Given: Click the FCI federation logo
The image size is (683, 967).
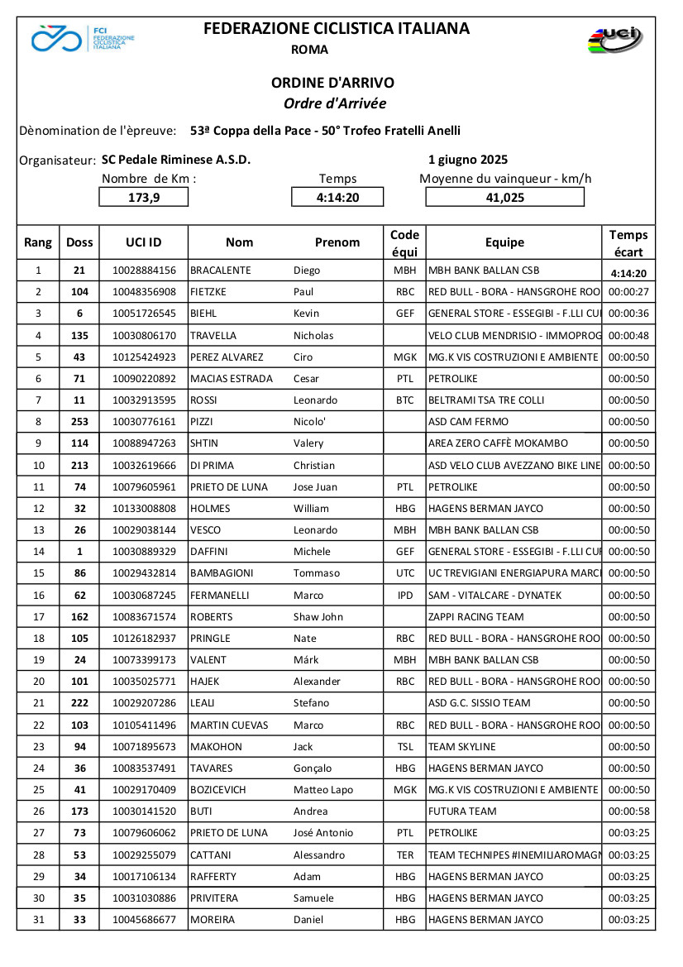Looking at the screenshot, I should pyautogui.click(x=83, y=38).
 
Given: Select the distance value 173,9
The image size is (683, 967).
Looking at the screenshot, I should pyautogui.click(x=144, y=198).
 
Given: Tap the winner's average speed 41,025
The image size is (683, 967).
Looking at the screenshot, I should pyautogui.click(x=505, y=198).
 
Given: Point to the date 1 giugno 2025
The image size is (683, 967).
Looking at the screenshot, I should pyautogui.click(x=468, y=160).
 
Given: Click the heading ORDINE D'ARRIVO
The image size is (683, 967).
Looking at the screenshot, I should pyautogui.click(x=333, y=83).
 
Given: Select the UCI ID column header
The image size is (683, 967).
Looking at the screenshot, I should pyautogui.click(x=144, y=242).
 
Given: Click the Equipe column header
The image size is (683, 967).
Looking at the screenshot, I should pyautogui.click(x=504, y=242).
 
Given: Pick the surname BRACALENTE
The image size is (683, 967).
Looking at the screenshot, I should pyautogui.click(x=220, y=270).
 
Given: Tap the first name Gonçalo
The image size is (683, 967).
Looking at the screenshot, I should pyautogui.click(x=313, y=768).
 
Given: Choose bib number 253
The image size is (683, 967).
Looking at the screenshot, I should pyautogui.click(x=79, y=422).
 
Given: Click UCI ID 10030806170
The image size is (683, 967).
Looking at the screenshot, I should pyautogui.click(x=144, y=336).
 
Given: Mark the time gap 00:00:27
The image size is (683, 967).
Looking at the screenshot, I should pyautogui.click(x=628, y=292).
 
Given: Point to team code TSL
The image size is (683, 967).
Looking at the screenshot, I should pyautogui.click(x=405, y=747).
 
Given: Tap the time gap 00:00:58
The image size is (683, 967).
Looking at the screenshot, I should pyautogui.click(x=628, y=811).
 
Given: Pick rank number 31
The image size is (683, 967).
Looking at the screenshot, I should pyautogui.click(x=38, y=920).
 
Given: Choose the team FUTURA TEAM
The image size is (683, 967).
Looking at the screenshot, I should pyautogui.click(x=462, y=811).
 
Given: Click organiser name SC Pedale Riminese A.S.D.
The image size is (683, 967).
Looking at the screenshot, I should pyautogui.click(x=176, y=160).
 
